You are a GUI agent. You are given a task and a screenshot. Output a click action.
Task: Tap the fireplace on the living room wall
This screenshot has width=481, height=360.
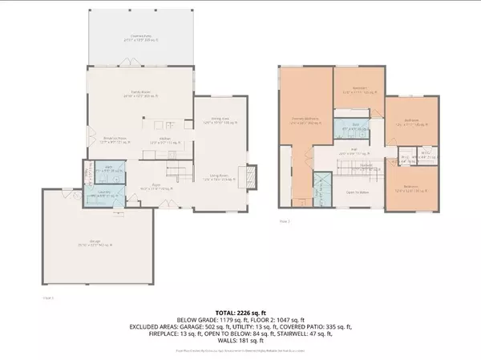252,176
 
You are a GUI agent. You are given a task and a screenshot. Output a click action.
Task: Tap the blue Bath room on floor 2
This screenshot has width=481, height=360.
355,128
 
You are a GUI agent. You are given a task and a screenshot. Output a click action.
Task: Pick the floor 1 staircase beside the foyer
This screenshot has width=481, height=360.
180,168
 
